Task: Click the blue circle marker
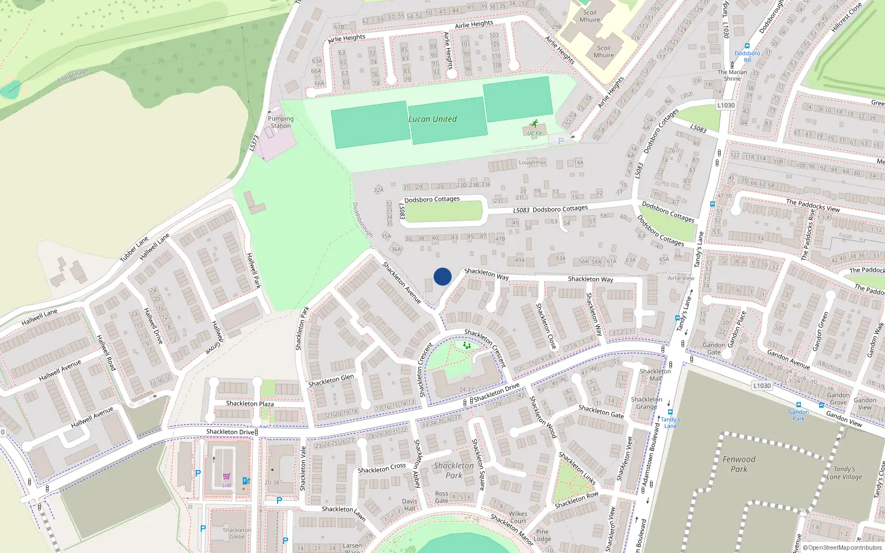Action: point(442,276)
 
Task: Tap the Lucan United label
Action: point(433,119)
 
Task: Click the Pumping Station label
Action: point(280,122)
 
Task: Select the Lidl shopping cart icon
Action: point(226,476)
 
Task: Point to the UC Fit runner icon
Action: point(534,124)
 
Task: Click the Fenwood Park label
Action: point(738,464)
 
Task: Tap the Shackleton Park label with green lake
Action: point(454,470)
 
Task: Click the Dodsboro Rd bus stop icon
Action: point(747,46)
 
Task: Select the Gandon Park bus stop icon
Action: point(798,405)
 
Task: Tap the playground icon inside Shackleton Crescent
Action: point(467,346)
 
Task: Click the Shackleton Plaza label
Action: point(250,403)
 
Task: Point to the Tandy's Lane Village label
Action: point(844,473)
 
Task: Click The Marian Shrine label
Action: point(732,75)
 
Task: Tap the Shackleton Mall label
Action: point(655,375)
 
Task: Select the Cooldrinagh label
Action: point(72,76)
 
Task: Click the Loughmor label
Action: point(532,163)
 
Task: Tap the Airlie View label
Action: point(681,278)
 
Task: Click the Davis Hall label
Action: point(410,505)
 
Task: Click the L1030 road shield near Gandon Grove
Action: point(762,385)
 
